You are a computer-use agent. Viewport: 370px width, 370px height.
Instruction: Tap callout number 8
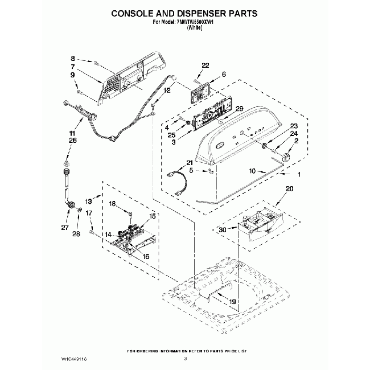tap(72, 59)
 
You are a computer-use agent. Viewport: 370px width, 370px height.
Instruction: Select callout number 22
tap(205, 65)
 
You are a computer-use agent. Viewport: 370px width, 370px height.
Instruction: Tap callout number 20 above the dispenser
tap(289, 188)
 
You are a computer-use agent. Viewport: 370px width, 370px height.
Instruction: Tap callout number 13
tap(89, 202)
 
